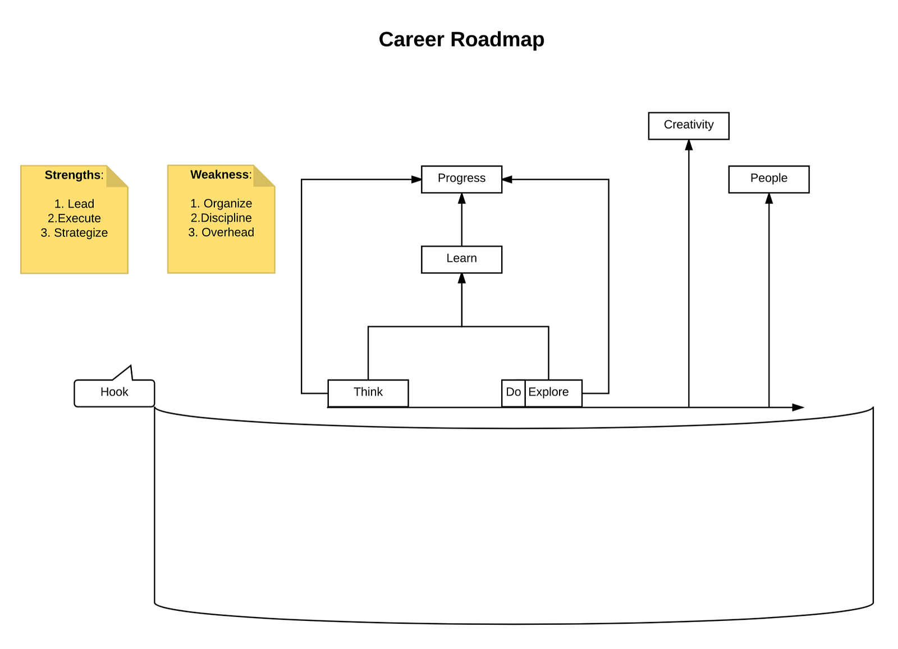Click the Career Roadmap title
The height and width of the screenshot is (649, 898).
click(x=461, y=39)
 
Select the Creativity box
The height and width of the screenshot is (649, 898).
click(x=689, y=125)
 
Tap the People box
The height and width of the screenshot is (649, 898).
click(x=768, y=179)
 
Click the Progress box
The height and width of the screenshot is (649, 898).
click(x=461, y=179)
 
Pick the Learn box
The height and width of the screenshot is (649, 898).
click(x=461, y=259)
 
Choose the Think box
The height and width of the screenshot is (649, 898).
click(x=368, y=392)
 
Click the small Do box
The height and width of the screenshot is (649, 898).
click(x=513, y=392)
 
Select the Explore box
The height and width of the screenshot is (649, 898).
click(x=553, y=392)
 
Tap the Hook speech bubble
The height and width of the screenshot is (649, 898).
click(x=114, y=392)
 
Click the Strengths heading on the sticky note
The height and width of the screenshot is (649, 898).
click(x=74, y=175)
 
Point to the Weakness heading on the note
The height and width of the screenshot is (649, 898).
click(x=220, y=175)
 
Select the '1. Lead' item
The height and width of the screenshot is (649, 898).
click(x=74, y=204)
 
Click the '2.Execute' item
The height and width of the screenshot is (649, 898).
click(x=74, y=218)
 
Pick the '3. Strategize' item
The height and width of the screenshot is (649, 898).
click(x=74, y=233)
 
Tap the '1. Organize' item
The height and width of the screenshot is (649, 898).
click(x=221, y=203)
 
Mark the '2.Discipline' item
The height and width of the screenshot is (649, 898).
click(x=221, y=218)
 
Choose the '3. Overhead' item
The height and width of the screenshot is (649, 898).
click(x=221, y=232)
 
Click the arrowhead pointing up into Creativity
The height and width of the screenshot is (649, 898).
click(x=689, y=145)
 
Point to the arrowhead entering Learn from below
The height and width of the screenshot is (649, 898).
click(x=461, y=278)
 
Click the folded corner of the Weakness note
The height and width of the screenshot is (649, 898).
click(x=263, y=176)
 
